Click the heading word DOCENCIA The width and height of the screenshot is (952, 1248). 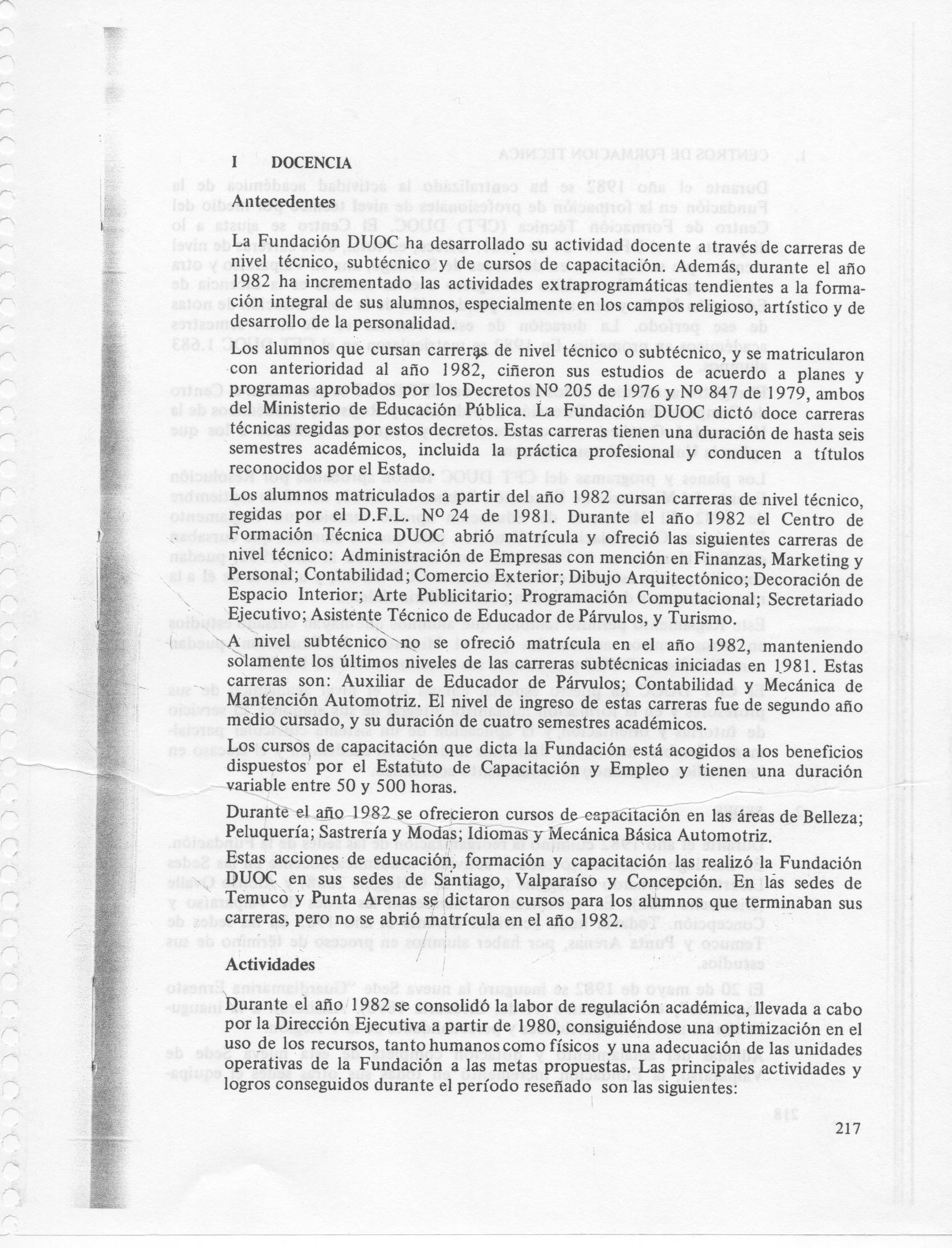pos(311,163)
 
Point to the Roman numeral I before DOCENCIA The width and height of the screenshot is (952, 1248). pos(234,163)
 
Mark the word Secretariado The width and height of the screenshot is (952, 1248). pos(816,599)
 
